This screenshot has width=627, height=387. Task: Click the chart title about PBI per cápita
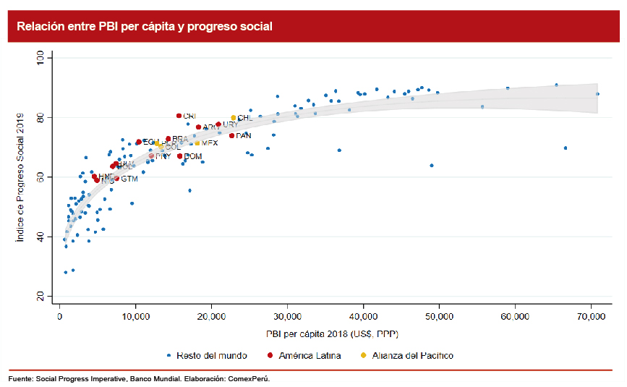coord(145,27)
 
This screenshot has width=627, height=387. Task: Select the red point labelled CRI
coord(179,116)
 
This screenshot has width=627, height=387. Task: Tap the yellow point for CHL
coord(233,118)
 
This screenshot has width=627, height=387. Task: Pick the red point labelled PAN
coord(231,135)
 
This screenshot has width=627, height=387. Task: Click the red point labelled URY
coord(218,124)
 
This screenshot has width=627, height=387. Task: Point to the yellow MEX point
coord(197,143)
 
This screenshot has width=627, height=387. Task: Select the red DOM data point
coord(180,156)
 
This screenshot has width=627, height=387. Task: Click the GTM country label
coord(129,179)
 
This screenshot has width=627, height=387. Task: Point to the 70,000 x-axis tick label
coord(591,317)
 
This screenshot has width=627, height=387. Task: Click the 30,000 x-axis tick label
coord(287,317)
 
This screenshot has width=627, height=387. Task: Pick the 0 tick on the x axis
coord(60,317)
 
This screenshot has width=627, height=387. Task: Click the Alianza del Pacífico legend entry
coord(411,355)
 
